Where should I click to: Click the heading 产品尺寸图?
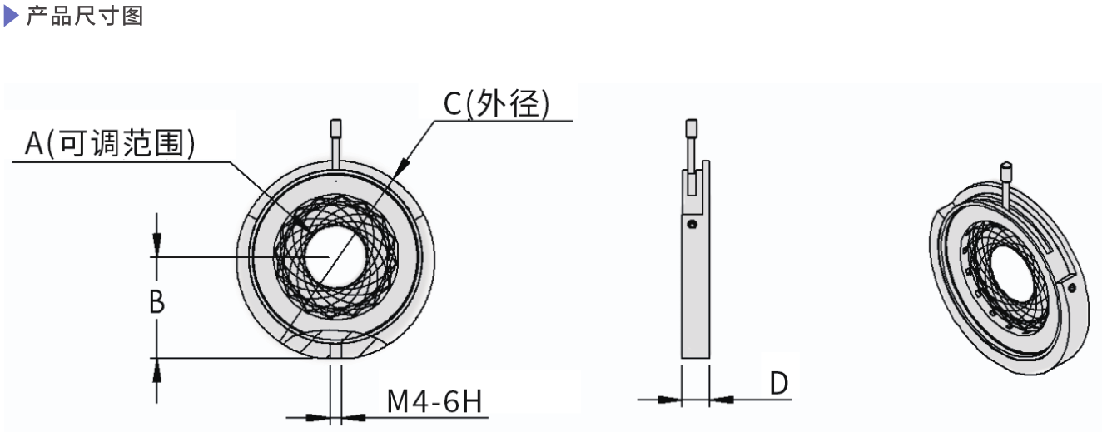86,17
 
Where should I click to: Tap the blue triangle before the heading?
11,17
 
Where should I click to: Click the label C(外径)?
495,103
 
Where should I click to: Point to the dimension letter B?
156,303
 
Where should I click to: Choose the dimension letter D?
777,383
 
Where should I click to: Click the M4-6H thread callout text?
434,402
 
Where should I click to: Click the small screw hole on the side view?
691,224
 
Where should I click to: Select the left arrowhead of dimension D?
671,400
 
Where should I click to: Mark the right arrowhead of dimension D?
720,400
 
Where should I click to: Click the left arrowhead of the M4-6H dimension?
319,416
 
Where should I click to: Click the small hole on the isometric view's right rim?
1074,287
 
